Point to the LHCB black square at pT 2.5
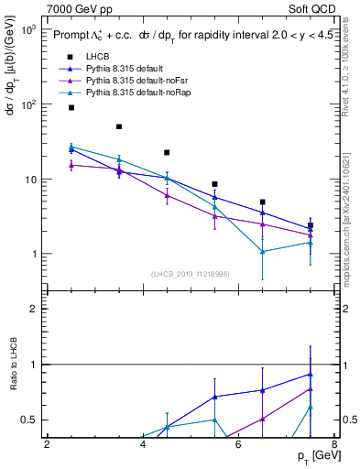pos(71,108)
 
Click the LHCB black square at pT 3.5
pos(119,126)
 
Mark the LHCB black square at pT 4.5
pos(167,152)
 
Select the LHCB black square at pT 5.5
pos(214,184)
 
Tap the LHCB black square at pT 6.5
pos(262,202)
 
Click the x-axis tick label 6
pos(238,445)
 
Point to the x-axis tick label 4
pos(143,445)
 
